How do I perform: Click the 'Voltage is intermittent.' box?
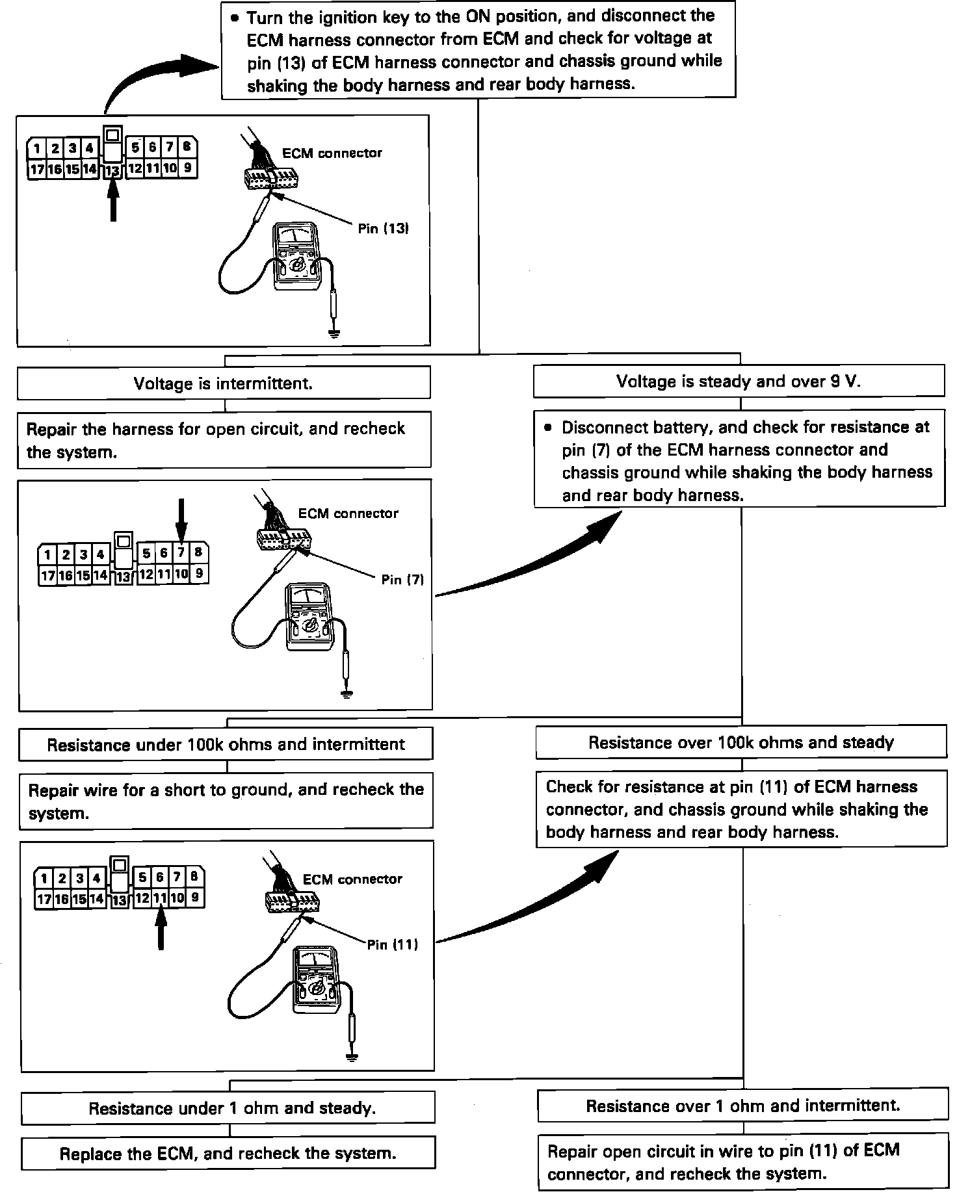pyautogui.click(x=223, y=383)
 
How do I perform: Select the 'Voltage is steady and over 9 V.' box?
pyautogui.click(x=738, y=382)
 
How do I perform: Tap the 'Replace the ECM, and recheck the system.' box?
pyautogui.click(x=228, y=1154)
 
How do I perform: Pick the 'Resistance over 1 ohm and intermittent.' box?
pyautogui.click(x=742, y=1106)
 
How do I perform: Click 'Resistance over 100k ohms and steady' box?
pyautogui.click(x=741, y=743)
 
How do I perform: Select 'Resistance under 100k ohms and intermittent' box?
pyautogui.click(x=226, y=744)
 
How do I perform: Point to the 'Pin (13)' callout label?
pyautogui.click(x=383, y=229)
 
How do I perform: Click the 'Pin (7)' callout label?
pyautogui.click(x=402, y=580)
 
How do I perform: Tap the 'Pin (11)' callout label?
pyautogui.click(x=392, y=944)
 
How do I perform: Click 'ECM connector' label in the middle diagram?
pyautogui.click(x=348, y=513)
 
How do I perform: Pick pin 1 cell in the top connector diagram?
pyautogui.click(x=36, y=148)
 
